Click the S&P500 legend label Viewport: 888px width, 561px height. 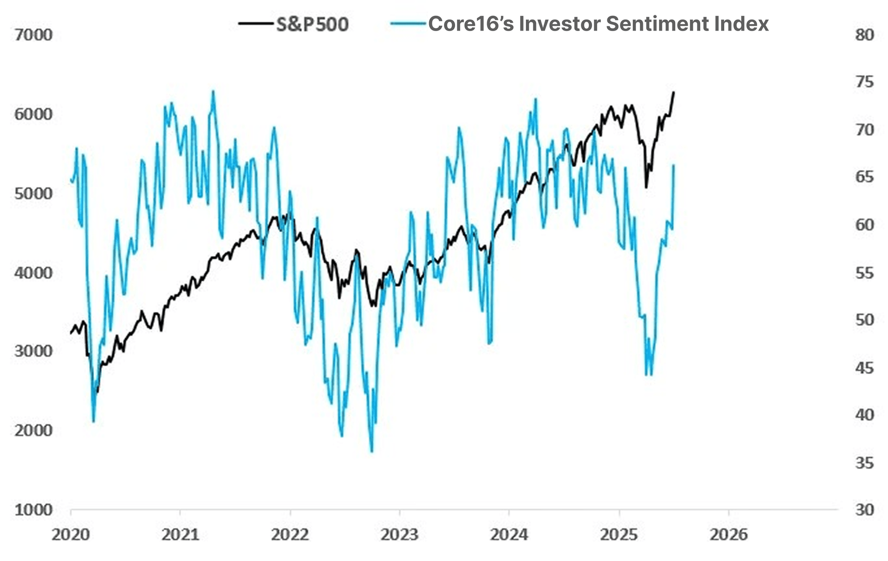click(x=312, y=24)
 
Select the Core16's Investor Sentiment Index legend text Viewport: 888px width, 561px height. click(x=598, y=24)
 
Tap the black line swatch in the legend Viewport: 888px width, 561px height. click(x=255, y=23)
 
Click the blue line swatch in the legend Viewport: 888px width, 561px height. click(x=408, y=23)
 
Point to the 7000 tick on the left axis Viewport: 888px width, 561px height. click(x=33, y=35)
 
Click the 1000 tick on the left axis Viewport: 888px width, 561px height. click(x=33, y=510)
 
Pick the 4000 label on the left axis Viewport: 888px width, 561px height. click(x=33, y=273)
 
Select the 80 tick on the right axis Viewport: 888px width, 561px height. click(x=864, y=35)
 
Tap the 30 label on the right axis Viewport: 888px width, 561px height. click(x=864, y=510)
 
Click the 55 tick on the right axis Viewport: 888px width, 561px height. click(x=864, y=273)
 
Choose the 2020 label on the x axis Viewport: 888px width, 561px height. click(x=70, y=535)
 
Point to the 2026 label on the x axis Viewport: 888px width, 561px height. click(x=728, y=535)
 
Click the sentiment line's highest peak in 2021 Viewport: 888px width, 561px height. click(x=213, y=91)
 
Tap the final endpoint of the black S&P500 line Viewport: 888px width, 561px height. click(x=674, y=92)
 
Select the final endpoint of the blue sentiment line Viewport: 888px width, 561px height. click(x=674, y=165)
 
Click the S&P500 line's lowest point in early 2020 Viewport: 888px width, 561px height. click(x=97, y=392)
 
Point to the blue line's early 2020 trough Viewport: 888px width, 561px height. click(x=93, y=422)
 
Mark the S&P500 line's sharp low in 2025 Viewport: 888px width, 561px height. click(x=646, y=187)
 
